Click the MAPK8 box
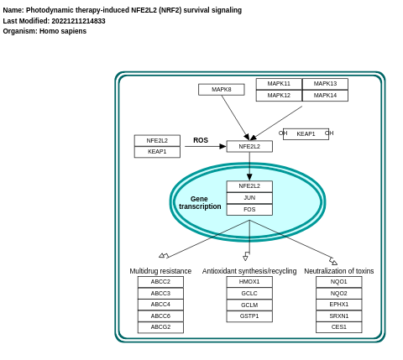[x=221, y=90]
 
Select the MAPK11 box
[x=279, y=84]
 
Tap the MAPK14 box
[x=325, y=96]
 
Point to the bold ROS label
[x=201, y=141]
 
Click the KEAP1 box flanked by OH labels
[x=306, y=134]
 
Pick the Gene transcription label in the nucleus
[x=200, y=203]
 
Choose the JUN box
[x=249, y=198]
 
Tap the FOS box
[x=249, y=210]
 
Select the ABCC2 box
[x=160, y=282]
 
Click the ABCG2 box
[x=160, y=327]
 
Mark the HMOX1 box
[x=249, y=282]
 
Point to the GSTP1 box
[x=249, y=316]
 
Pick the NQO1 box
[x=338, y=282]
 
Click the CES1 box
[x=338, y=327]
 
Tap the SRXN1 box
[x=338, y=316]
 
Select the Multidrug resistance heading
[x=160, y=271]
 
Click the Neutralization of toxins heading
[x=338, y=271]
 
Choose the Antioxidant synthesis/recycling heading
[x=249, y=271]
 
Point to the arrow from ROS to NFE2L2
[x=206, y=147]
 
